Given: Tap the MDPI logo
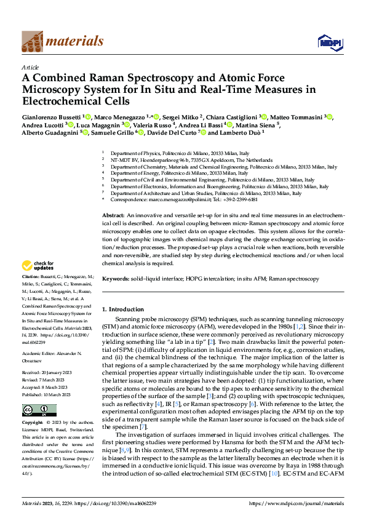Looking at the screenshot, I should click(x=328, y=42).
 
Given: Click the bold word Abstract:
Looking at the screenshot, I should click(x=113, y=212).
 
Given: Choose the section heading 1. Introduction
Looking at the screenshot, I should click(x=122, y=309).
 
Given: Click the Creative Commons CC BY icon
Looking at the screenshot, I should click(x=31, y=410).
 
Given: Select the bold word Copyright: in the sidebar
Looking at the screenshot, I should click(x=34, y=423).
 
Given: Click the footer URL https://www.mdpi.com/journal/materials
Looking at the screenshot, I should click(x=292, y=504).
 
